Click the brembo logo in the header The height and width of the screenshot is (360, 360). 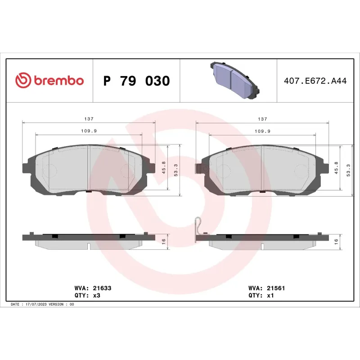click(x=49, y=81)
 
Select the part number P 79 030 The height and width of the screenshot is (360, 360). click(x=136, y=81)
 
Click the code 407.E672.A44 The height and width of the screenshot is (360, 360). click(x=315, y=81)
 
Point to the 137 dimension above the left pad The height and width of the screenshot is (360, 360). click(x=89, y=119)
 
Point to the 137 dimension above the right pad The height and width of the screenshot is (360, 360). click(x=262, y=119)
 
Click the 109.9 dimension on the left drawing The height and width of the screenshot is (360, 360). click(x=89, y=131)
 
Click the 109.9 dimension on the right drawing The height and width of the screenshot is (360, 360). click(x=262, y=131)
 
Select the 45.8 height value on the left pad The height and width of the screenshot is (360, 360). click(x=164, y=168)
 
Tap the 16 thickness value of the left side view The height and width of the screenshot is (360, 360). click(x=164, y=241)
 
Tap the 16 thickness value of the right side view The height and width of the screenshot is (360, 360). click(x=337, y=241)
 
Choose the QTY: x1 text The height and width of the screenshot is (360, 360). click(x=261, y=296)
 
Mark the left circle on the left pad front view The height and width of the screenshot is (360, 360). click(x=50, y=171)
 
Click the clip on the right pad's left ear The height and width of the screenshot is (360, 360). click(x=198, y=170)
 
